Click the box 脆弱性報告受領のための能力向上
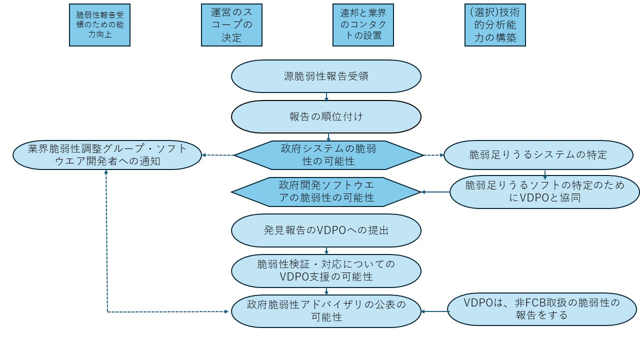pos(99,25)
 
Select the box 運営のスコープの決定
pos(231,25)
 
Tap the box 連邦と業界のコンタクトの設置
pos(363,25)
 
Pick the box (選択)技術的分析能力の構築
pos(495,25)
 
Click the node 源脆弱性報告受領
pos(326,76)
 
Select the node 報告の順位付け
pos(326,116)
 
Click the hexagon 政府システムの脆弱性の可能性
pos(328,155)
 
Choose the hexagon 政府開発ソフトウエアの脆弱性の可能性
pos(326,191)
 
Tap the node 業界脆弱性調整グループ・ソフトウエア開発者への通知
pos(107,155)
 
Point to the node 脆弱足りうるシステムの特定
pos(538,155)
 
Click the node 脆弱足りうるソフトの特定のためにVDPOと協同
pos(544,191)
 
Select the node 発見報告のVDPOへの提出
pos(326,230)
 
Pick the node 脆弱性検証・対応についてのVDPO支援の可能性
pos(326,271)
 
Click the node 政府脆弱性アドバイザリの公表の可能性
pos(326,311)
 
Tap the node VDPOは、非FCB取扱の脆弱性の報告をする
pos(541,309)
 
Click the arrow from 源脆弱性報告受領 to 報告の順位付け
pos(326,96)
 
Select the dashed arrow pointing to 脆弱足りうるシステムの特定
pos(433,155)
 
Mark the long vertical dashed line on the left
pos(106,240)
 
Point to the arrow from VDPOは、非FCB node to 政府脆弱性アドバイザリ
pos(434,311)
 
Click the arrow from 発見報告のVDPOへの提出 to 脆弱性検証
pos(326,251)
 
